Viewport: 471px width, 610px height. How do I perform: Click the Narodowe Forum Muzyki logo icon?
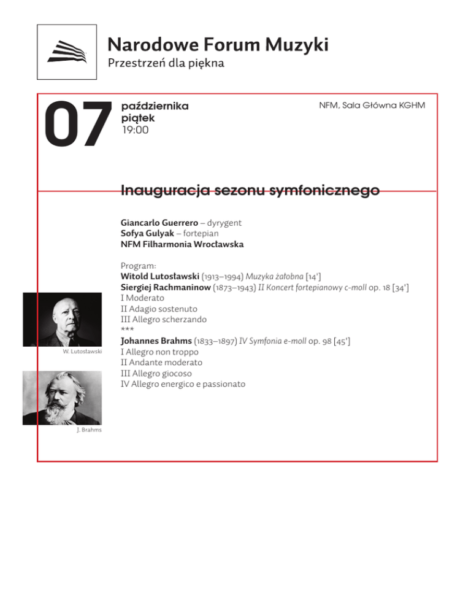pyautogui.click(x=67, y=52)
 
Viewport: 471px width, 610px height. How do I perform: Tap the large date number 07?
pyautogui.click(x=75, y=125)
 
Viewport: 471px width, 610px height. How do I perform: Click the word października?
pyautogui.click(x=155, y=106)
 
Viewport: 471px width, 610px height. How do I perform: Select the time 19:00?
pyautogui.click(x=135, y=129)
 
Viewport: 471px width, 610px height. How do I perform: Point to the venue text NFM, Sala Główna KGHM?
pyautogui.click(x=372, y=106)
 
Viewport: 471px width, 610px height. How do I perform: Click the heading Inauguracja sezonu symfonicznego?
pyautogui.click(x=250, y=190)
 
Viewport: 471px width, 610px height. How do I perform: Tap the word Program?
pyautogui.click(x=139, y=266)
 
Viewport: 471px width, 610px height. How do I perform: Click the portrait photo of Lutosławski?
pyautogui.click(x=62, y=320)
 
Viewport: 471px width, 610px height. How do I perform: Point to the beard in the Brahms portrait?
pyautogui.click(x=61, y=411)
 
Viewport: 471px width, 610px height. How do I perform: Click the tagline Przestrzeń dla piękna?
pyautogui.click(x=166, y=63)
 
